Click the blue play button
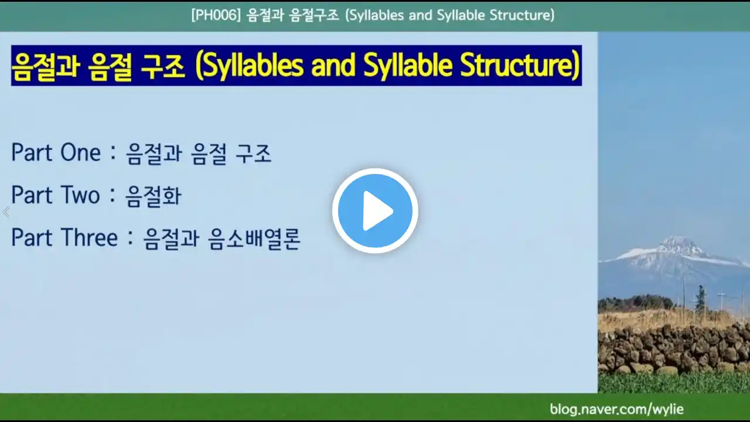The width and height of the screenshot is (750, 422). tap(375, 210)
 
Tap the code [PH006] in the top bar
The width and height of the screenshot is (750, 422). tap(216, 15)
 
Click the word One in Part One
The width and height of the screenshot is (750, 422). tap(80, 153)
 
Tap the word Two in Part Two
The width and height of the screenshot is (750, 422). tap(80, 195)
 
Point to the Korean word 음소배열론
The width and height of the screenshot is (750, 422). tap(254, 239)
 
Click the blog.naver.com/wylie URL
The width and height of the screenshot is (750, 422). tap(616, 409)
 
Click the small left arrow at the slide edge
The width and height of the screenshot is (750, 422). tap(6, 212)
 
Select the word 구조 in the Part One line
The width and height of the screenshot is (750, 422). tap(253, 154)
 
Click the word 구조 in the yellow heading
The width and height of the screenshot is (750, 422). tap(162, 66)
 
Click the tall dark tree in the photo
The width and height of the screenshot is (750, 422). tap(701, 298)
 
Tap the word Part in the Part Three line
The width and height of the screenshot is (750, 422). tap(32, 237)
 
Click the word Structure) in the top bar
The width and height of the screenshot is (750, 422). tap(522, 15)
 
